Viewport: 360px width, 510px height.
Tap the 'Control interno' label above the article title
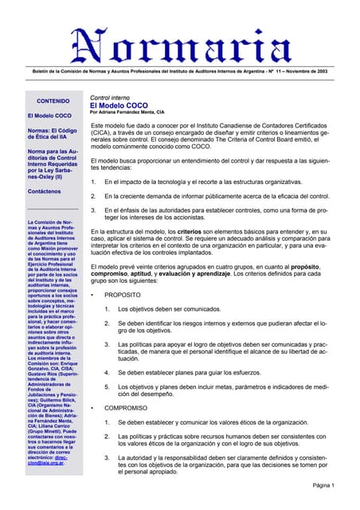click(112, 96)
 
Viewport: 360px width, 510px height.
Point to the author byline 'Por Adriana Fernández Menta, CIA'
click(132, 113)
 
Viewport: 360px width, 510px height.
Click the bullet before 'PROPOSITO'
click(94, 294)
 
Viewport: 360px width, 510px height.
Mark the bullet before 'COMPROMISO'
click(94, 408)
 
